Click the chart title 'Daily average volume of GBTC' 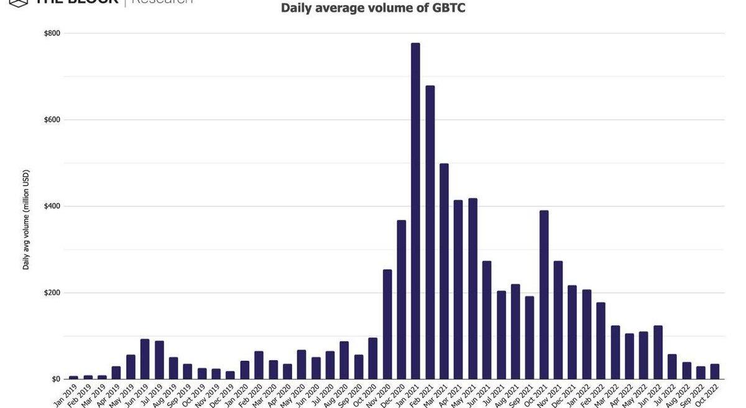373,8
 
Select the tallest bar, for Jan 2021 415,211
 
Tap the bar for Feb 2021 430,232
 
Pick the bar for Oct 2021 544,295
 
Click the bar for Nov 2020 387,324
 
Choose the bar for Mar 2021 444,271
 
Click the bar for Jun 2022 658,352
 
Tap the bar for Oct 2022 715,371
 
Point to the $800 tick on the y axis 52,34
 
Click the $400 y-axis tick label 52,206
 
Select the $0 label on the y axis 56,379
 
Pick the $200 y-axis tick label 52,292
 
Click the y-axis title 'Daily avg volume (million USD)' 26,219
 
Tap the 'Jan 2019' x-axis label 66,395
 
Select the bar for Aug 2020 344,360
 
